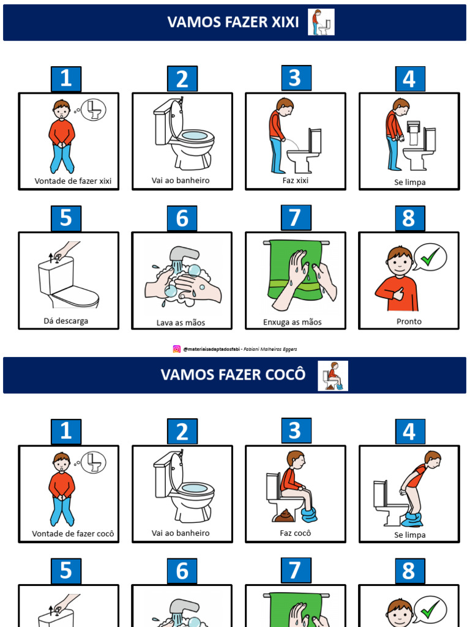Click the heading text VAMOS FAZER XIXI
pos(233,22)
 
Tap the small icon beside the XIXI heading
pos(321,22)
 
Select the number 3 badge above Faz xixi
pos(296,78)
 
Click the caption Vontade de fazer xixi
pos(73,181)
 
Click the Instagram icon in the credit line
pos(176,349)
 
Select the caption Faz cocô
pos(296,533)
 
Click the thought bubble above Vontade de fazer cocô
pos(93,463)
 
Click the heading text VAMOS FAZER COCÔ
pos(233,375)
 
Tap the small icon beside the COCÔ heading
pos(333,376)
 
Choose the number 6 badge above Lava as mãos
pos(182,219)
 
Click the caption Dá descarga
pos(66,321)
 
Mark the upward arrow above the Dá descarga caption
pos(51,258)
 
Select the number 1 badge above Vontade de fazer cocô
pos(66,432)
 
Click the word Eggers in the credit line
pos(289,349)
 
